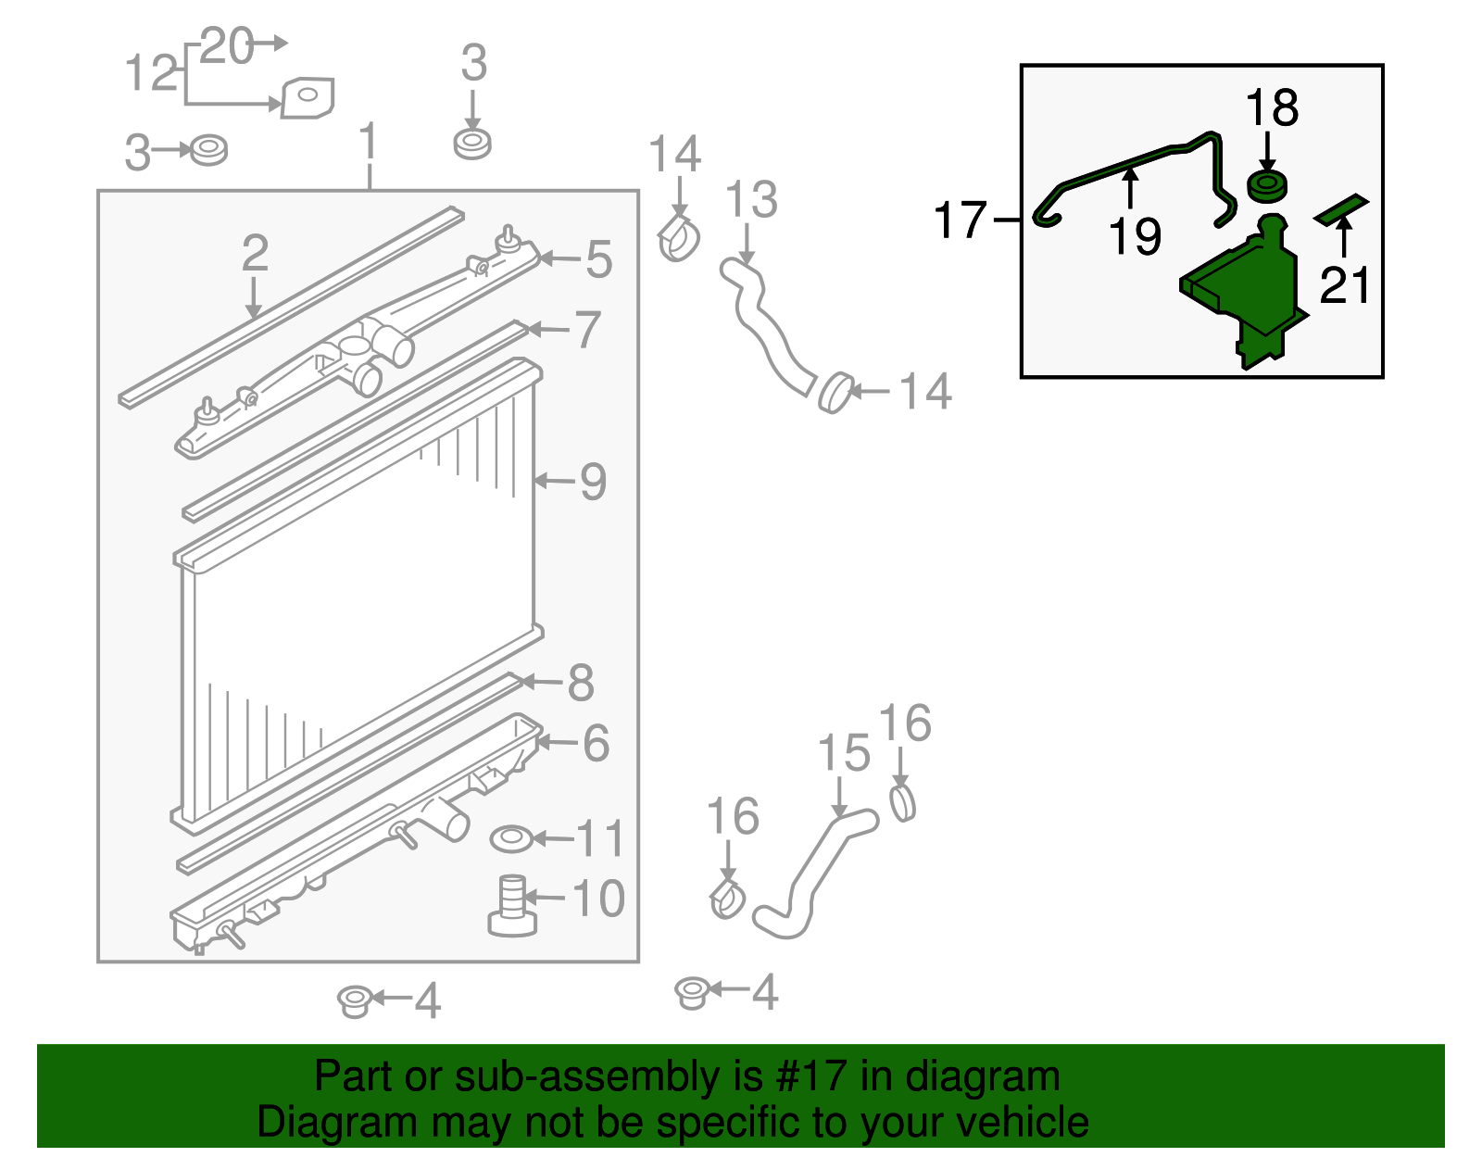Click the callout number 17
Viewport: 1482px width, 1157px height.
pyautogui.click(x=961, y=220)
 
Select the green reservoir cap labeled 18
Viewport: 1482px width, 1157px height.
pyautogui.click(x=1267, y=186)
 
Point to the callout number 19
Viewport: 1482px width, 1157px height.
pyautogui.click(x=1135, y=236)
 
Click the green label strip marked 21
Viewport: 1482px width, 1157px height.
pyautogui.click(x=1342, y=209)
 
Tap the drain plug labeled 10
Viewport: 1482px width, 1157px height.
pyautogui.click(x=511, y=906)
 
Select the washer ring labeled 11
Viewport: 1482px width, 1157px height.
pyautogui.click(x=511, y=839)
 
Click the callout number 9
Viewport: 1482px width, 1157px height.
pyautogui.click(x=593, y=482)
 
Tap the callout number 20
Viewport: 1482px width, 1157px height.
pyautogui.click(x=226, y=45)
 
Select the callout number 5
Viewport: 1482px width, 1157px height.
pyautogui.click(x=599, y=259)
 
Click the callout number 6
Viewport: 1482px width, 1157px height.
pyautogui.click(x=597, y=743)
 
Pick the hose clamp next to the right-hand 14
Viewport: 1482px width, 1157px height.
pyautogui.click(x=835, y=393)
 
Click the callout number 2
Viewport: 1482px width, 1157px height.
pyautogui.click(x=255, y=253)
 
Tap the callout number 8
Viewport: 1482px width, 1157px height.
pyautogui.click(x=581, y=683)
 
